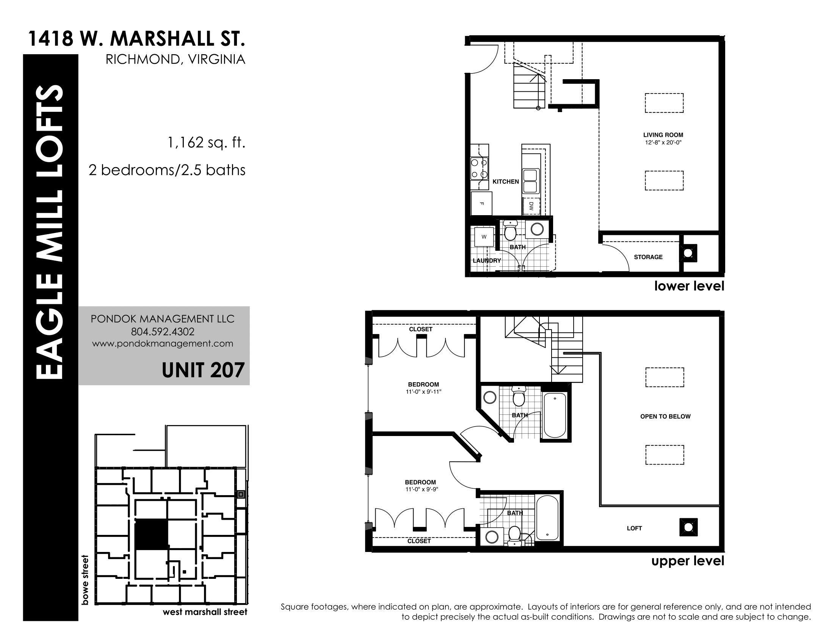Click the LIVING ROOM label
(663, 135)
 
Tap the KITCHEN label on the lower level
(506, 181)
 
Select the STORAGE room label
(648, 257)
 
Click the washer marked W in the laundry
(484, 237)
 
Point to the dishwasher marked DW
(531, 206)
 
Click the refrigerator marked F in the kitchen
(481, 203)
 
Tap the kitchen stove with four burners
(479, 169)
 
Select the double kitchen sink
(530, 181)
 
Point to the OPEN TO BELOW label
(665, 417)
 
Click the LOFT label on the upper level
(634, 528)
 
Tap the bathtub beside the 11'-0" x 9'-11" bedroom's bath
(555, 416)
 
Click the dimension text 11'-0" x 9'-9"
(422, 489)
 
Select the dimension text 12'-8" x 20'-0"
(663, 143)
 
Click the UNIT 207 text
(203, 370)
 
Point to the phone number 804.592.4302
(163, 331)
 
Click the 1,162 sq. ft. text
(206, 143)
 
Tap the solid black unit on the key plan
(152, 534)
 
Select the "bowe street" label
(85, 580)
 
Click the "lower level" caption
(689, 286)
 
